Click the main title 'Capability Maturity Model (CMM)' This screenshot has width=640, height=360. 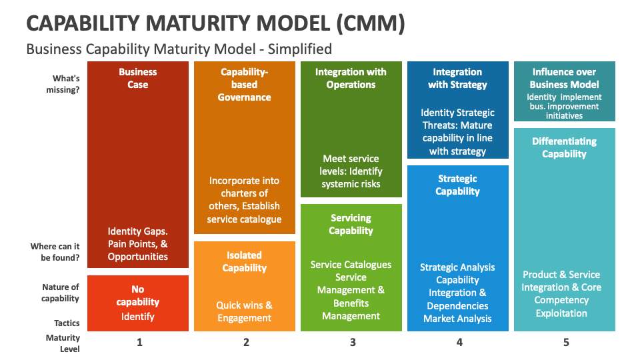[215, 23]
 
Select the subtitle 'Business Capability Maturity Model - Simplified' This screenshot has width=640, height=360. [179, 49]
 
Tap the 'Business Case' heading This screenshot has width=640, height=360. [138, 78]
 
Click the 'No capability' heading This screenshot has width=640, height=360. [138, 295]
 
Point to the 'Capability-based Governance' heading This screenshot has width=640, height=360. [245, 84]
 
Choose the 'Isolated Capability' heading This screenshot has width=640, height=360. [245, 261]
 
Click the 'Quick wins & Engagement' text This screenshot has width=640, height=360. [245, 311]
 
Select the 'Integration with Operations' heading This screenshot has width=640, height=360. [351, 78]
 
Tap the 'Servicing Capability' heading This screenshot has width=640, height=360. [351, 224]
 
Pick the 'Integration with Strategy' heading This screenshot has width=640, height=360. [458, 78]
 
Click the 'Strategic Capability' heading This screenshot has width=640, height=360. [458, 185]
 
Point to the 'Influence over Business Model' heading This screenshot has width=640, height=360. [565, 78]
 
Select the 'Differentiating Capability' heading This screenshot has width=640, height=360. [565, 147]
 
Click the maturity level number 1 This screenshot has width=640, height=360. [139, 343]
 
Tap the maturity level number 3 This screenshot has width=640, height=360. [353, 343]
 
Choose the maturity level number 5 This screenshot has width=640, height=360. [566, 343]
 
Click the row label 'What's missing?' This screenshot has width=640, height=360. [66, 84]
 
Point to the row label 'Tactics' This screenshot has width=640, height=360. [67, 323]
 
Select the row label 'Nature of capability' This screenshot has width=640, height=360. [61, 293]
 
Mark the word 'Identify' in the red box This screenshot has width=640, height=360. [138, 316]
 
